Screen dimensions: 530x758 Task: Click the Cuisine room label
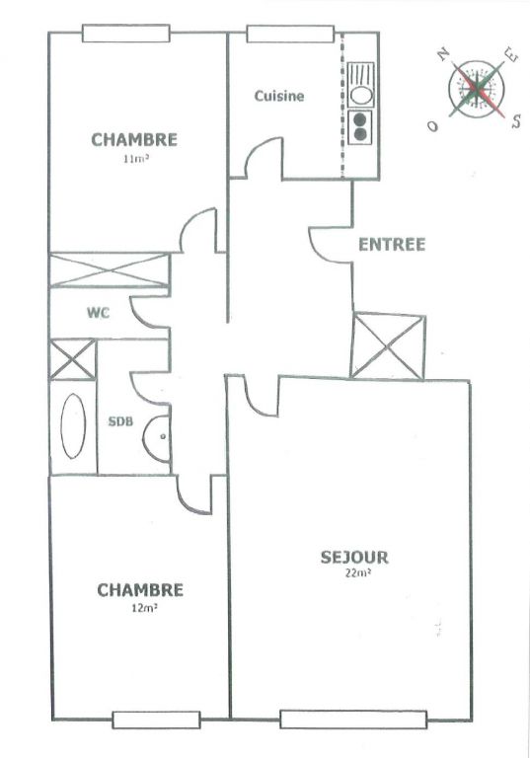point(279,96)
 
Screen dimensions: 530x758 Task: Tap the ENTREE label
point(392,245)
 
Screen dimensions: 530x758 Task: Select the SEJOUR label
point(354,558)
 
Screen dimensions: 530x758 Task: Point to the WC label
point(98,313)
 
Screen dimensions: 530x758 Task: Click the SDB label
point(120,421)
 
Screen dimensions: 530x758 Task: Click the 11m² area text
point(135,158)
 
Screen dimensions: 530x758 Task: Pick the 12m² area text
point(144,609)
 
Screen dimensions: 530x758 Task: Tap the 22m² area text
point(358,573)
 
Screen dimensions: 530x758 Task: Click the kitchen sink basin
point(361,95)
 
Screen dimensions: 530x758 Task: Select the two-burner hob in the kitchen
point(360,126)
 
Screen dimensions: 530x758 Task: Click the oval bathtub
point(73,426)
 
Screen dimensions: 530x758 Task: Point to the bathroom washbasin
point(157,436)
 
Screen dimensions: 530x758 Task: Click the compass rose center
point(477,89)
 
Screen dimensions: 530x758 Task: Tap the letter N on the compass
point(443,54)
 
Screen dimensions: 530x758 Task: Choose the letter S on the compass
point(516,120)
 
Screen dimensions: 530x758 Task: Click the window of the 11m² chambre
point(125,34)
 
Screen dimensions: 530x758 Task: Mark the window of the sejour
point(353,719)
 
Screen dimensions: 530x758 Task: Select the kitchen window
point(290,34)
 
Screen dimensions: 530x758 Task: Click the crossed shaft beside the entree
point(388,345)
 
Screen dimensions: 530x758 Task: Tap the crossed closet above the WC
point(110,269)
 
